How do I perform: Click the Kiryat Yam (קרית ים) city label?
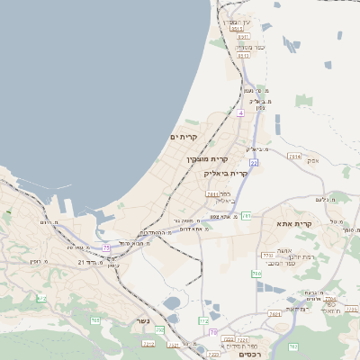[x=184, y=137]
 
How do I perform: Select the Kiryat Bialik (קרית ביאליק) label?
[x=225, y=172]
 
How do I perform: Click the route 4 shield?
[x=240, y=114]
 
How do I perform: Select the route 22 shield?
[x=255, y=163]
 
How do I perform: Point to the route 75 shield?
[x=107, y=247]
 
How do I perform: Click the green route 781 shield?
[x=246, y=216]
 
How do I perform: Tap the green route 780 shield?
[x=256, y=274]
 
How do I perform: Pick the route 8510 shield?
[x=244, y=55]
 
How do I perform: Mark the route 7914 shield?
[x=294, y=156]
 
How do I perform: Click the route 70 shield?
[x=213, y=332]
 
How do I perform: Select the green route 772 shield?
[x=203, y=320]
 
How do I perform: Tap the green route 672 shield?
[x=41, y=298]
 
